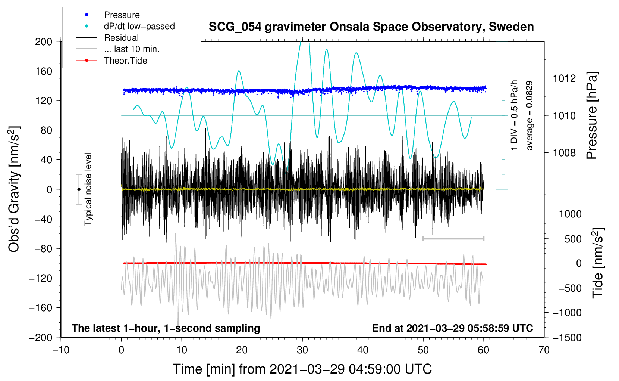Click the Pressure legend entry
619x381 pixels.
122,15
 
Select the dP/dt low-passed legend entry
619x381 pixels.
139,26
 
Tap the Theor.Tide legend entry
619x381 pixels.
125,61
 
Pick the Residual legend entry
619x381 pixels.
121,38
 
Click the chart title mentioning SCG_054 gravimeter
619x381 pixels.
371,27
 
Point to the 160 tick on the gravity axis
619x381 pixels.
44,71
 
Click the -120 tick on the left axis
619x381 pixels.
41,278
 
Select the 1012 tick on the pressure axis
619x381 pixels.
564,78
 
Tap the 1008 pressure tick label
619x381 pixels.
564,152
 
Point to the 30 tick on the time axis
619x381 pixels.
302,350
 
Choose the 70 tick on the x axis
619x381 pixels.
544,350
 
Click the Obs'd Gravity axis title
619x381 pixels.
14,189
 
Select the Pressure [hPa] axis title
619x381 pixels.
592,116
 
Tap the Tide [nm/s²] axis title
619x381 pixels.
598,263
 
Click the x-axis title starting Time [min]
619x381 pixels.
302,369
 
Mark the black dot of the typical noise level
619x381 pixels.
79,189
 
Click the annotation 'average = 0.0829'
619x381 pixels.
530,116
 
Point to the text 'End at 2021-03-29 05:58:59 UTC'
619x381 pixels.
452,328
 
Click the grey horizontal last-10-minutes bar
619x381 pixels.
453,238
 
